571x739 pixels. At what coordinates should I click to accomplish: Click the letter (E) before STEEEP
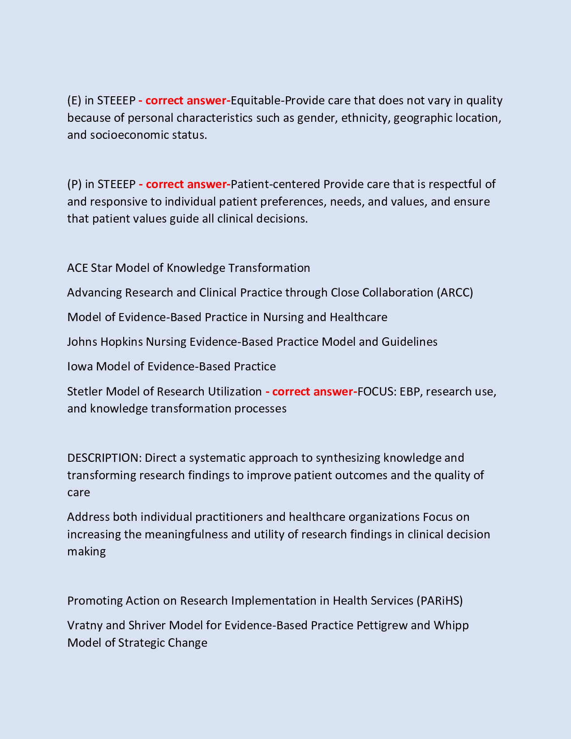[x=74, y=100]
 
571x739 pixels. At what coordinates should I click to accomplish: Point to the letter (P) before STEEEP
[x=74, y=184]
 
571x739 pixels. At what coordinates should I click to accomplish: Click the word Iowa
[x=80, y=366]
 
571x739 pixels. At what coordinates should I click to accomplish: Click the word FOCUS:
[x=377, y=391]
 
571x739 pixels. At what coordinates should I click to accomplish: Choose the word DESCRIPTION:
[x=104, y=458]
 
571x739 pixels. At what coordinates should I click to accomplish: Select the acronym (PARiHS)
[x=439, y=601]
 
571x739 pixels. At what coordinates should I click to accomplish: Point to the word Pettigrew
[x=382, y=625]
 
